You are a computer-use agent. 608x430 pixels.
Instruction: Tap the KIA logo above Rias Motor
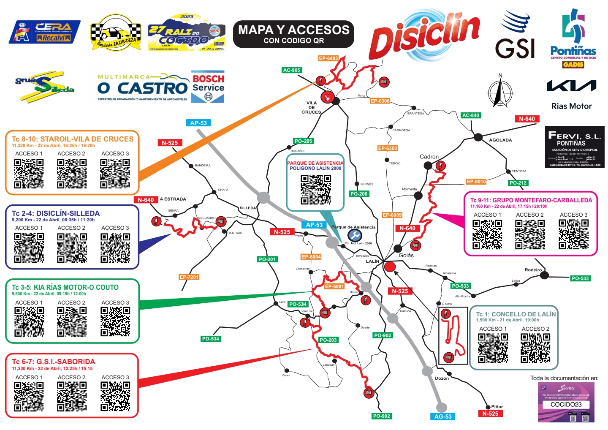pos(571,86)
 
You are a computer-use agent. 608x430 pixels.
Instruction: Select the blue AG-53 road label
pos(443,416)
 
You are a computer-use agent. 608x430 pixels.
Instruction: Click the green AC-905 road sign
pos(292,70)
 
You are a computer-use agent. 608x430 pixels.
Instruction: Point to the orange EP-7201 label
pos(189,277)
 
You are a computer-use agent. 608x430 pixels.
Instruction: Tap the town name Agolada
pos(500,140)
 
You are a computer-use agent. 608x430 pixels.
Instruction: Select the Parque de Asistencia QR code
pos(316,190)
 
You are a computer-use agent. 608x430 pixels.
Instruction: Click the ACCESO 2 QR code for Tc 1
pos(535,348)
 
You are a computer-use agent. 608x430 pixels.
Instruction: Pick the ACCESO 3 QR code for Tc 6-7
pos(115,396)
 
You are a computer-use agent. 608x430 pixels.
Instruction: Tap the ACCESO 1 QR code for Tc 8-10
pos(29,173)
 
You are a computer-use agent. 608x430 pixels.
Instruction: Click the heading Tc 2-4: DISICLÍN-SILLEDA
pos(56,213)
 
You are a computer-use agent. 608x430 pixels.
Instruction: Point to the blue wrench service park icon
pos(355,235)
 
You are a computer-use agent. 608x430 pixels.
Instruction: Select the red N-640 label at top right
pos(527,119)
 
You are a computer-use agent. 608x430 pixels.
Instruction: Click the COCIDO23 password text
pos(566,404)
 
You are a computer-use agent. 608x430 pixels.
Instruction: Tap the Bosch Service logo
pos(208,87)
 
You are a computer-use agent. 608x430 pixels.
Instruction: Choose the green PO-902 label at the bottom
pos(381,416)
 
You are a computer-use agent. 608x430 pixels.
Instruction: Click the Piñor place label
pos(497,407)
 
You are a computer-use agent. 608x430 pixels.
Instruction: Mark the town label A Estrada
pos(173,199)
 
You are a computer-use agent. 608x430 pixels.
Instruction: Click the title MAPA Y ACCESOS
pos(293,30)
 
